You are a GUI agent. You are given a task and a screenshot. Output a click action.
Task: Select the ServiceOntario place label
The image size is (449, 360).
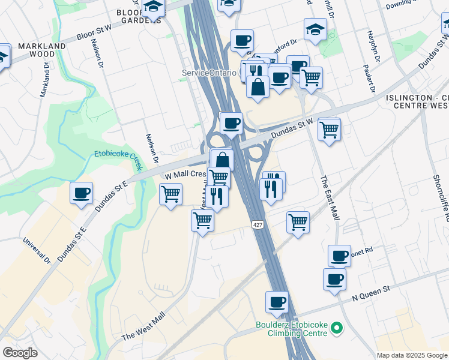point(209,73)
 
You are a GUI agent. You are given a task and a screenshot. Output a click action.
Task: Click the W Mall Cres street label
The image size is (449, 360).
point(185,174)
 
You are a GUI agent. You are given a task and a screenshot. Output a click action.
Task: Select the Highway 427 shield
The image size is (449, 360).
point(257,224)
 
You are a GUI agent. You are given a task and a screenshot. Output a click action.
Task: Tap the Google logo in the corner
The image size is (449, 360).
point(20,353)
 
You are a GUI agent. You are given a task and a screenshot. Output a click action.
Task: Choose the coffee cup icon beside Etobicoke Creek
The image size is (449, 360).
point(81,193)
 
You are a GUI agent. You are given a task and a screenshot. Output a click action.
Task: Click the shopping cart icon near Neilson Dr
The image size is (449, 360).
point(171,194)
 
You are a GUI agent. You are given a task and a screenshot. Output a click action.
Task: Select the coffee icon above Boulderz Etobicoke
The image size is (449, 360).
point(277,302)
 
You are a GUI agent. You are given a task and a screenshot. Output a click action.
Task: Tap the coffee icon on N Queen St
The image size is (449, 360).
point(334,279)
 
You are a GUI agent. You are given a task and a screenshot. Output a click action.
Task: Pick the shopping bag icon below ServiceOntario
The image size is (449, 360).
point(258,86)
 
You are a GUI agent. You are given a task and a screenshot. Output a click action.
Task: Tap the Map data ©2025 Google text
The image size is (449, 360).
point(412,355)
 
